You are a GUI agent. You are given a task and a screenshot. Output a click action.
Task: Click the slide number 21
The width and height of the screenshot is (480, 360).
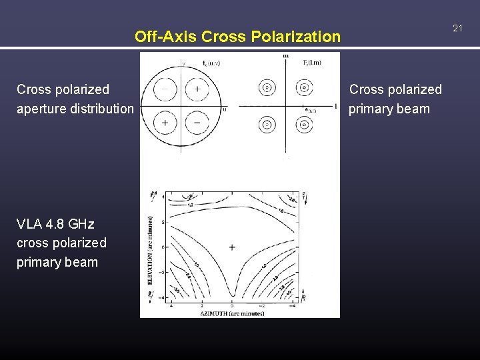(457, 28)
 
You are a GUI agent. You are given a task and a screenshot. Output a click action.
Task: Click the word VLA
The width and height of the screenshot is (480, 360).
(29, 223)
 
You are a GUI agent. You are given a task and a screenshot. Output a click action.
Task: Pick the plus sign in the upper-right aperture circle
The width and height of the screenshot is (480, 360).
(197, 89)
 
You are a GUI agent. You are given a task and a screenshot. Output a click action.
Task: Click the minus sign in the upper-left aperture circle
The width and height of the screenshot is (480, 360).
(165, 89)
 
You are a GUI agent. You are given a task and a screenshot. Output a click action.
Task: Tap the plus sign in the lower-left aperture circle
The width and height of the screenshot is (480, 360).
(165, 123)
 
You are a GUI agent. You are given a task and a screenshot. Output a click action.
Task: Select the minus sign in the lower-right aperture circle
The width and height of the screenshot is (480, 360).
(197, 123)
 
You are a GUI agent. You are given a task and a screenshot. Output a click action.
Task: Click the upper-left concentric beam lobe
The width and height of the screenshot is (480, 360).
(267, 87)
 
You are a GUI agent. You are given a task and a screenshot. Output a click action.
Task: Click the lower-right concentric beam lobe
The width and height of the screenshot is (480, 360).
(304, 124)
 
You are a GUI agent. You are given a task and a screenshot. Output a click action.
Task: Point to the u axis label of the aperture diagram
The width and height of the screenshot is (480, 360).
(225, 109)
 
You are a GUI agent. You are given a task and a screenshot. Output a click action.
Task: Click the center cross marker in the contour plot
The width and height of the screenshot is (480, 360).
(232, 247)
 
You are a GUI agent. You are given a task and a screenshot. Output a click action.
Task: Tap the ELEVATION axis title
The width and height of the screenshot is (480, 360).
(151, 250)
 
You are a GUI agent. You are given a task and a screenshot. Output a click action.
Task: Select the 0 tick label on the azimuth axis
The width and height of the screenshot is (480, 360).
(232, 305)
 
